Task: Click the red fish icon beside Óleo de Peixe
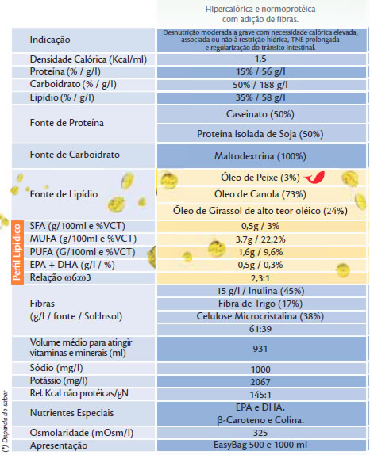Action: (314, 178)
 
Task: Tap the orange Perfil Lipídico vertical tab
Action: (17, 252)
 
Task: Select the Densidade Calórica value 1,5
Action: (260, 59)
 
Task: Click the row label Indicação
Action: (50, 40)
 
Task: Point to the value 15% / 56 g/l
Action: (260, 71)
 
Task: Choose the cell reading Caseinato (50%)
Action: (260, 114)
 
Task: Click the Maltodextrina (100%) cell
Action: (260, 156)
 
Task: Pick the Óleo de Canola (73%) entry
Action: (260, 194)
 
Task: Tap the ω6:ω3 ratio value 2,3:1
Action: (260, 278)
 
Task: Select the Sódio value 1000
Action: (260, 369)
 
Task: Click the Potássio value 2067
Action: (260, 382)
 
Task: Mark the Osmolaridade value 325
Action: (260, 433)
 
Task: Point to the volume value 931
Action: (260, 349)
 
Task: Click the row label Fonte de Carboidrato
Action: (75, 155)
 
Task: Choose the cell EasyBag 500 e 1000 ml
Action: (260, 445)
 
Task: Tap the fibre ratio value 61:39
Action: (260, 329)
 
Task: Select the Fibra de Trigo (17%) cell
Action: (260, 304)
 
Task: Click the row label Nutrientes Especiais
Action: (71, 413)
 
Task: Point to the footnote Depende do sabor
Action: (5, 417)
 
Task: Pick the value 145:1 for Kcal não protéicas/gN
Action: (260, 395)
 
